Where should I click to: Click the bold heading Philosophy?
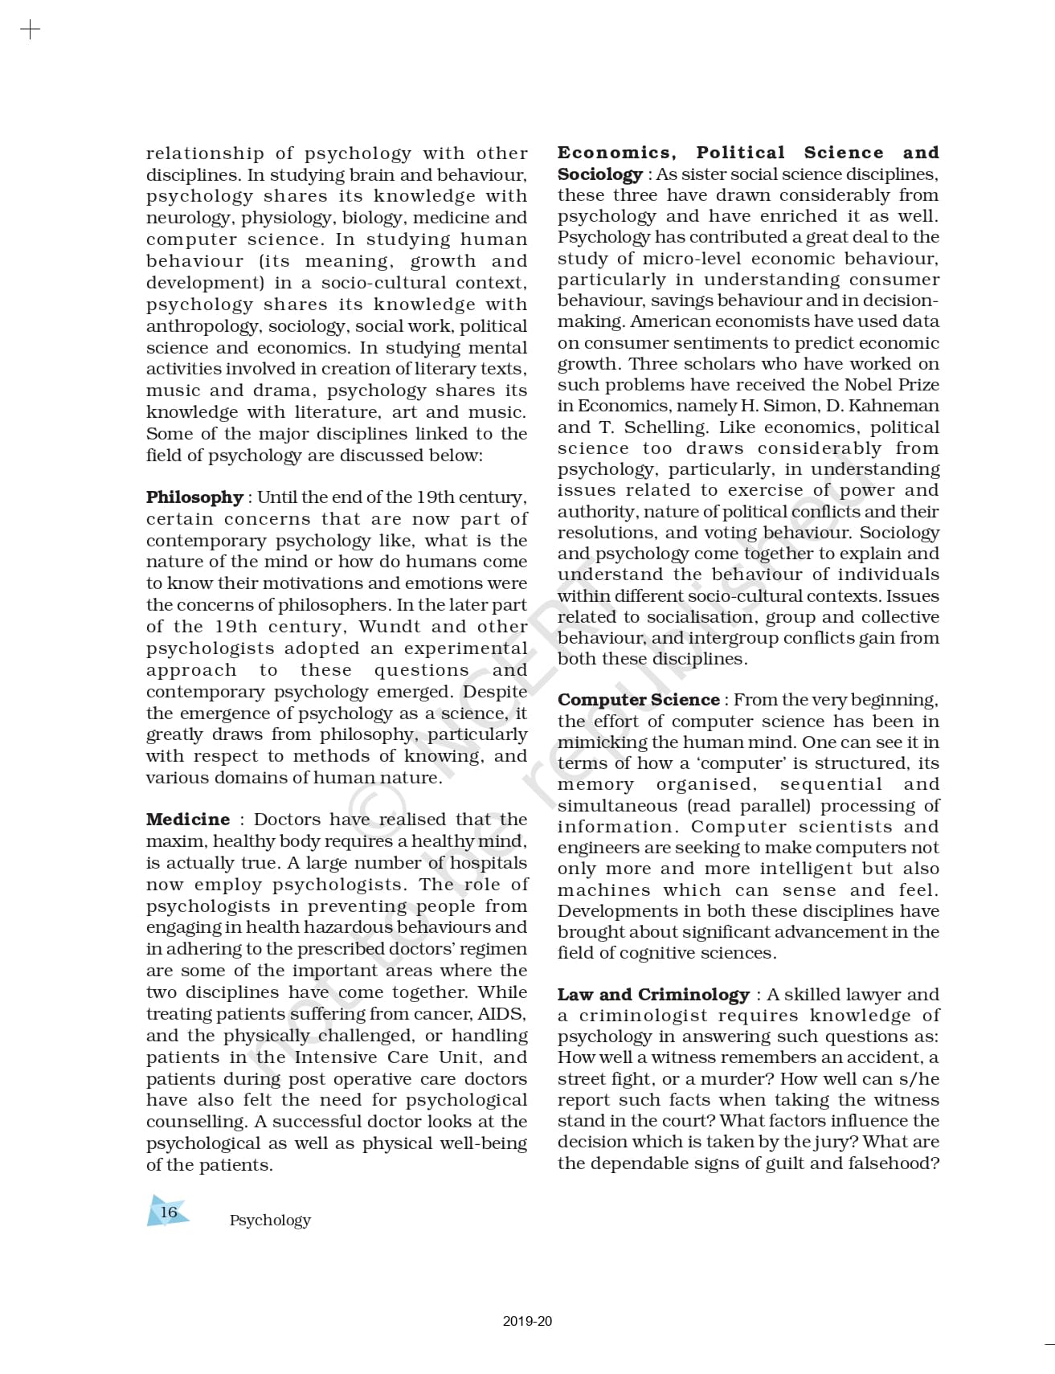(x=194, y=497)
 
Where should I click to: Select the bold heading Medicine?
(x=188, y=820)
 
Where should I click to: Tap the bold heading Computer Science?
(x=639, y=700)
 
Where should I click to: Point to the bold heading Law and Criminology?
(x=653, y=995)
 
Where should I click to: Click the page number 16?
(x=169, y=1212)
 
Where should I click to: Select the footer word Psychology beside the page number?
(x=270, y=1220)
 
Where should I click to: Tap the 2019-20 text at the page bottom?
(x=527, y=1321)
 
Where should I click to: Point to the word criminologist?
(x=643, y=1016)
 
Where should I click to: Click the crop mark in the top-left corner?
(x=30, y=31)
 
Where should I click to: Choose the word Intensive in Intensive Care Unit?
(x=337, y=1057)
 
